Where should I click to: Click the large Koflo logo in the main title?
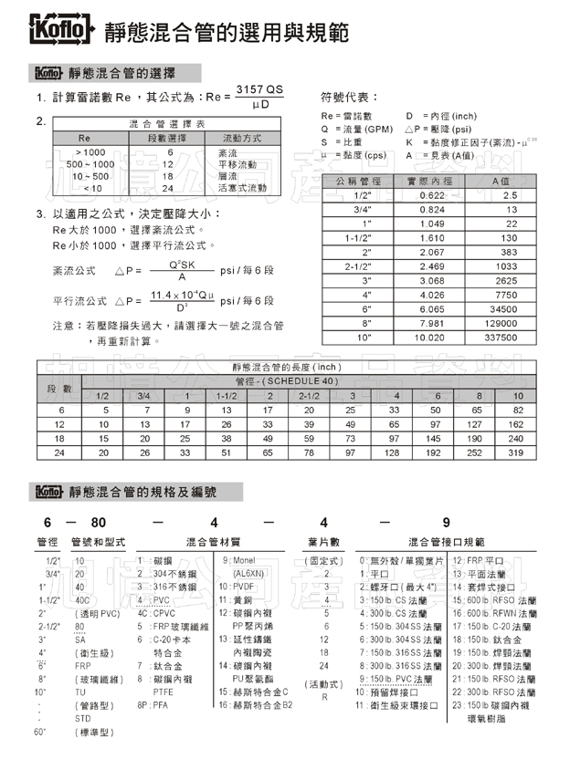(x=61, y=31)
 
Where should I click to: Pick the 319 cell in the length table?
(x=516, y=452)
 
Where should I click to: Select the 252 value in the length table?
(x=475, y=452)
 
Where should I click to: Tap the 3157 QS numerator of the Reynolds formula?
(x=259, y=88)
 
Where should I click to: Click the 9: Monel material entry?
(x=238, y=560)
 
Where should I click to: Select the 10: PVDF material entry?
(x=237, y=587)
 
